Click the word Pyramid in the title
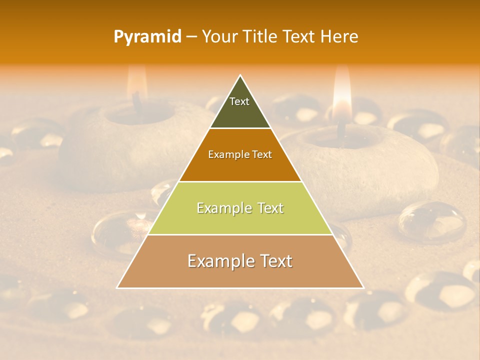[147, 37]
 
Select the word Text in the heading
[299, 36]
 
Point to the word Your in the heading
[218, 36]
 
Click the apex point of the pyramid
[240, 75]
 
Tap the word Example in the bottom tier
[218, 261]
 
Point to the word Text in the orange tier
[262, 154]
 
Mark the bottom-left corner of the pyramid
[117, 288]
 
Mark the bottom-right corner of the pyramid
[363, 288]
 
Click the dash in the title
[191, 37]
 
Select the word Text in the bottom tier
[273, 261]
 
